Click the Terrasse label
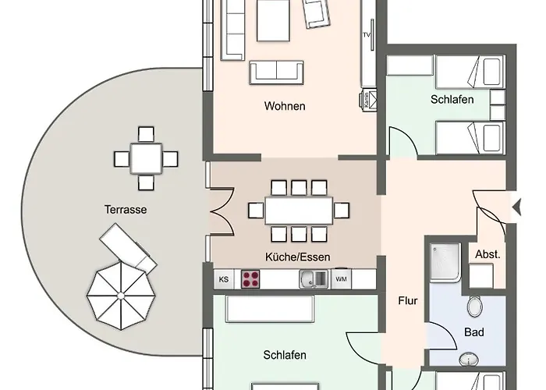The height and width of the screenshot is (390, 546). click(x=126, y=209)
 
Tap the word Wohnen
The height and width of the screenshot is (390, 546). click(x=285, y=106)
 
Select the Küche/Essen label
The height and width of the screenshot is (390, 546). click(x=298, y=257)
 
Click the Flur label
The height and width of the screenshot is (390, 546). click(x=408, y=300)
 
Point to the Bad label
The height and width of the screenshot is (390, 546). click(x=474, y=331)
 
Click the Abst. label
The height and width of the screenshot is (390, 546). click(x=487, y=254)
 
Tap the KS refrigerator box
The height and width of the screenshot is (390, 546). click(x=224, y=279)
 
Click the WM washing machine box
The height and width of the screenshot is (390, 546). click(x=341, y=279)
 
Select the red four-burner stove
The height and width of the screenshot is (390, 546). click(x=250, y=279)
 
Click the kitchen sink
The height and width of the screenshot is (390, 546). click(x=314, y=279)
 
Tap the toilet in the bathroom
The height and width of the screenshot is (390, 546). click(x=474, y=306)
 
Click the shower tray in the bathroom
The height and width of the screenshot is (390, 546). click(x=445, y=262)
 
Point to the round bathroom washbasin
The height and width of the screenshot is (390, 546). click(x=468, y=359)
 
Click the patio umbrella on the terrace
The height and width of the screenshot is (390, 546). click(x=120, y=296)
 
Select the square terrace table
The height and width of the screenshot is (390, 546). click(x=146, y=158)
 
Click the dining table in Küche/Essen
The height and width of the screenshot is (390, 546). click(x=299, y=211)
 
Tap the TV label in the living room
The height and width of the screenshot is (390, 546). click(x=367, y=35)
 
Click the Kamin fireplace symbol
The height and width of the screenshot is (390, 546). click(x=368, y=101)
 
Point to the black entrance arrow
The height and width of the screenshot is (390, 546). click(x=516, y=208)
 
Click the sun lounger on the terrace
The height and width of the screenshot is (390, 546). click(x=128, y=247)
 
